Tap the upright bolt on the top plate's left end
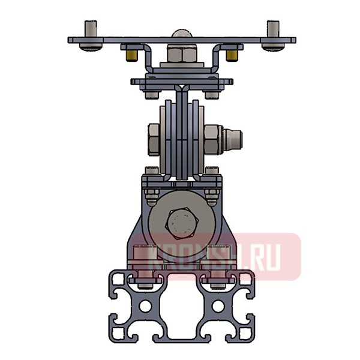[x=91, y=29]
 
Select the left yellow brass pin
[x=131, y=55]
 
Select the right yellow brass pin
[x=232, y=55]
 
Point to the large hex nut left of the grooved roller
[x=154, y=139]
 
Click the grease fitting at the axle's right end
[x=232, y=140]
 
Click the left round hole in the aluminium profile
[x=146, y=306]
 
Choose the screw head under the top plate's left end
[x=91, y=45]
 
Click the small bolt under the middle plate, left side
[x=151, y=94]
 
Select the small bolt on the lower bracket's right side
[x=211, y=193]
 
